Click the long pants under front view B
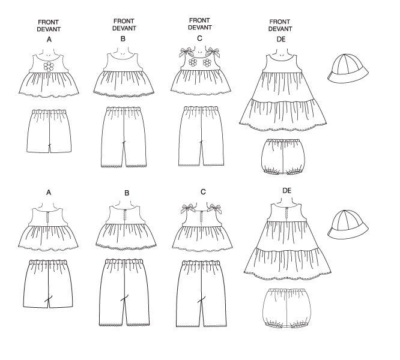coord(124,137)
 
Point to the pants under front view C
coord(202,137)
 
